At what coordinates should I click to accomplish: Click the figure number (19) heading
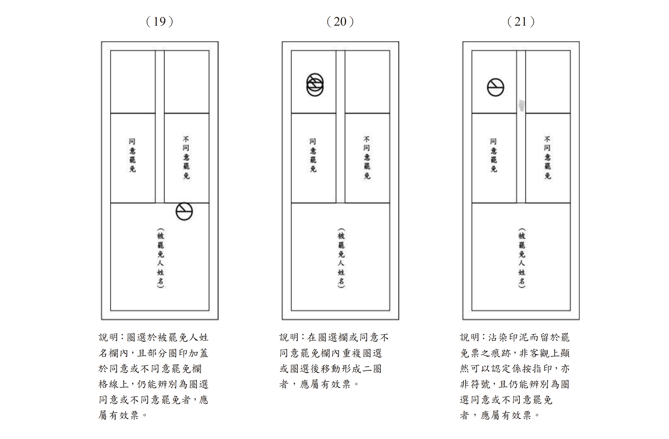tap(160, 22)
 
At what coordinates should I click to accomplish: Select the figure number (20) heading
tap(340, 22)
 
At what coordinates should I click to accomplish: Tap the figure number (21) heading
tap(521, 22)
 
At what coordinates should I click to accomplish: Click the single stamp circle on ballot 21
tap(496, 79)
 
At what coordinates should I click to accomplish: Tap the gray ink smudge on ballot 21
tap(522, 105)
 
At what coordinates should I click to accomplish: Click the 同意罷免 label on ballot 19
tap(132, 155)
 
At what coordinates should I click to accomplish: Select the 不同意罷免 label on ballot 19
tap(186, 158)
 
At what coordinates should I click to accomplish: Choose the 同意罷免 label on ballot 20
tap(313, 155)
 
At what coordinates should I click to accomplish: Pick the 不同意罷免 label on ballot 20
tap(367, 158)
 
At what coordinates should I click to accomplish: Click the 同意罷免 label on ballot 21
tap(494, 155)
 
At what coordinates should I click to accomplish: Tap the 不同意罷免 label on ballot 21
tap(548, 158)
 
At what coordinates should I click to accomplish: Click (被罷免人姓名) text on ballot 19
tap(160, 258)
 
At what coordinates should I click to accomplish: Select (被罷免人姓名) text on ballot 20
tap(341, 258)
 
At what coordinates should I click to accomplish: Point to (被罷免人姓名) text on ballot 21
tap(522, 258)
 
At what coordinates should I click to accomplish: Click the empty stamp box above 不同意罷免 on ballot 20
tap(367, 82)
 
